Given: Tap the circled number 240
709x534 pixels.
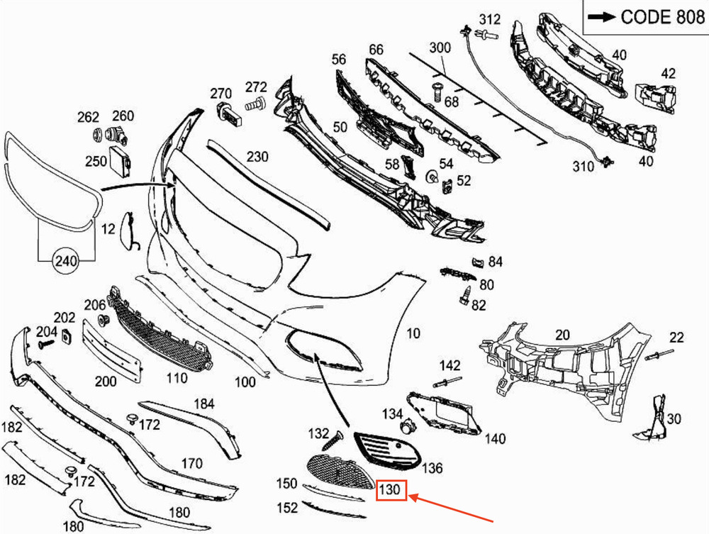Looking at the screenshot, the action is pos(66,261).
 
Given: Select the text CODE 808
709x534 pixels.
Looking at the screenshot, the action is pos(662,17).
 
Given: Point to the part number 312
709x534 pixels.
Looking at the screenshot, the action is pos(490,19).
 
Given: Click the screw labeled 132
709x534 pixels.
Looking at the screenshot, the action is pos(333,440).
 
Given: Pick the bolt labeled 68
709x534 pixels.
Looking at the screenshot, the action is pos(437,91).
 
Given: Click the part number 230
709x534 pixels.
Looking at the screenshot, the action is pos(258,157).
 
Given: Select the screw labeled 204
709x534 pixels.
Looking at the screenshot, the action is pos(46,344).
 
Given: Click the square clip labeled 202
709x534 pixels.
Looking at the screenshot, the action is pos(67,337).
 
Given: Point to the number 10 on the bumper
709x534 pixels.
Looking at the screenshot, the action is pos(413,333).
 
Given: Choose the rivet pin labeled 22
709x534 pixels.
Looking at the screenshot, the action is pos(659,355).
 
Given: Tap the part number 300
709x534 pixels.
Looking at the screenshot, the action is pos(440,48).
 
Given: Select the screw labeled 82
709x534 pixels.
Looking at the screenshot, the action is pos(465,295).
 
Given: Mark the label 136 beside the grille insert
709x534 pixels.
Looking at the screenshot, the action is pos(432,468).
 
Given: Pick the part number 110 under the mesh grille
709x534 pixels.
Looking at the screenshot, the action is pos(177,377).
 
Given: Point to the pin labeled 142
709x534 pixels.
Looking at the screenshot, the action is pos(447,382).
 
